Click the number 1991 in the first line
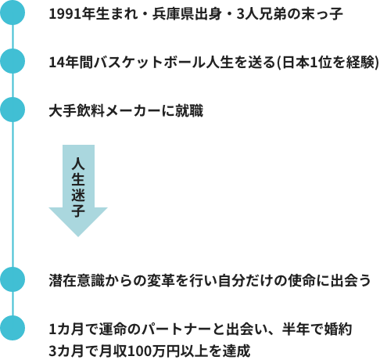coord(65,14)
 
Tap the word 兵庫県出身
coord(187,14)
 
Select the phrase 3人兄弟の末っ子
coord(290,14)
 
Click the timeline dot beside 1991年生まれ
coord(13,13)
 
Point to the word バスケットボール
coord(149,63)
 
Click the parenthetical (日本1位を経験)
coord(328,63)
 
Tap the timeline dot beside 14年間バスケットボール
coord(13,61)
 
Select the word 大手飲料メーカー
coord(105,111)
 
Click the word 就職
coord(189,111)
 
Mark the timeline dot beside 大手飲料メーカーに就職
coord(13,110)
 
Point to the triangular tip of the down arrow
coord(78,236)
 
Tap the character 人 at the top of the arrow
coord(78,164)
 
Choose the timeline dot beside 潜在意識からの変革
coord(13,279)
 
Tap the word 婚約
coord(339,329)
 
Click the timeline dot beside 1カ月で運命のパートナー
coord(13,328)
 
